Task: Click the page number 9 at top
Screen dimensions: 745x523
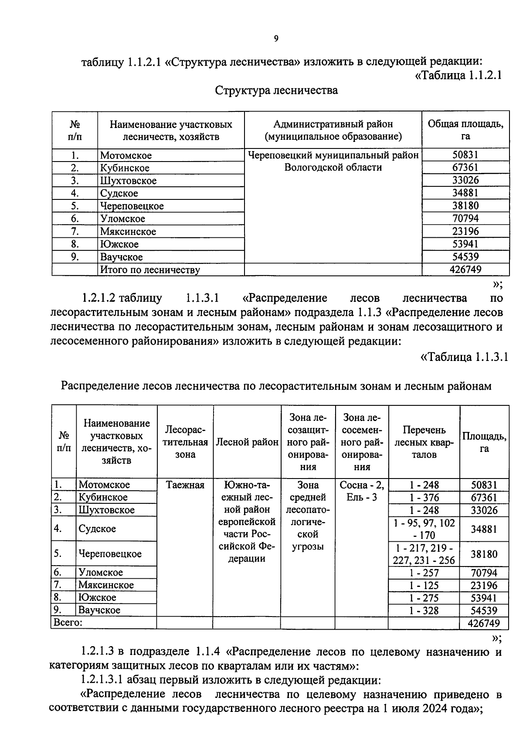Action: [276, 39]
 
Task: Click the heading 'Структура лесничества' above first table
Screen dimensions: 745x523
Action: [276, 91]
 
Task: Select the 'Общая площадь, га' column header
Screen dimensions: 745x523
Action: [465, 130]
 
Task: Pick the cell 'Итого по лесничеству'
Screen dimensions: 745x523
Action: [150, 270]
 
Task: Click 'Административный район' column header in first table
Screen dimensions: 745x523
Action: [333, 125]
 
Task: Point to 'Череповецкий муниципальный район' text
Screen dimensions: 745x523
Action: [333, 155]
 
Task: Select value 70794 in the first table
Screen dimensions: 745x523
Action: [465, 219]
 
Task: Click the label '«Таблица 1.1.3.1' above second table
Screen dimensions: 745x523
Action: [463, 357]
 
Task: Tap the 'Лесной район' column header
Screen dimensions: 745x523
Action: [247, 442]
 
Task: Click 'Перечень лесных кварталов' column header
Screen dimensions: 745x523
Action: [424, 442]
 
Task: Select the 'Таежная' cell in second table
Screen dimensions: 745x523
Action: [185, 485]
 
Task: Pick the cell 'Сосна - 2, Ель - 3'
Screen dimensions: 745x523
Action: [361, 491]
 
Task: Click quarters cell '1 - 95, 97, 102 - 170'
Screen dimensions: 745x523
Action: [424, 529]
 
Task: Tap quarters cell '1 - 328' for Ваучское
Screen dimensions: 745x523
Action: [424, 611]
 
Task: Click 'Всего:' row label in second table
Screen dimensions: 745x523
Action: [68, 623]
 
